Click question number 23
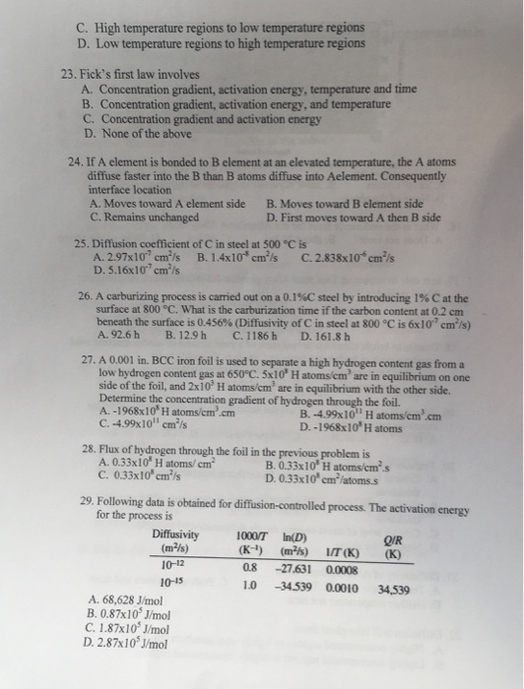point(67,73)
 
